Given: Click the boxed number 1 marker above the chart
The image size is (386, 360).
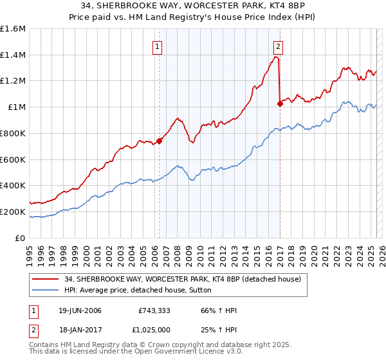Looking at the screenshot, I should point(158,46).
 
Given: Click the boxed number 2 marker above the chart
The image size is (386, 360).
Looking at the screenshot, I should point(279,46).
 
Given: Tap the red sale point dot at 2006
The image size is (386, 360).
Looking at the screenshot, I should point(159,141).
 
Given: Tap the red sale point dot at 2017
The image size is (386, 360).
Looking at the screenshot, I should point(280,104).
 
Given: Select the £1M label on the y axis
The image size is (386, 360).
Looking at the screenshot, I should point(17,107).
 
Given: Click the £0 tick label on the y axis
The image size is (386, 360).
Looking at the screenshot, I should point(21,238).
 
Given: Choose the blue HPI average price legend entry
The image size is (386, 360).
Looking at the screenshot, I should point(142,291).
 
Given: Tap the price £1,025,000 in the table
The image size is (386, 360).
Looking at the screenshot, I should point(155,328).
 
